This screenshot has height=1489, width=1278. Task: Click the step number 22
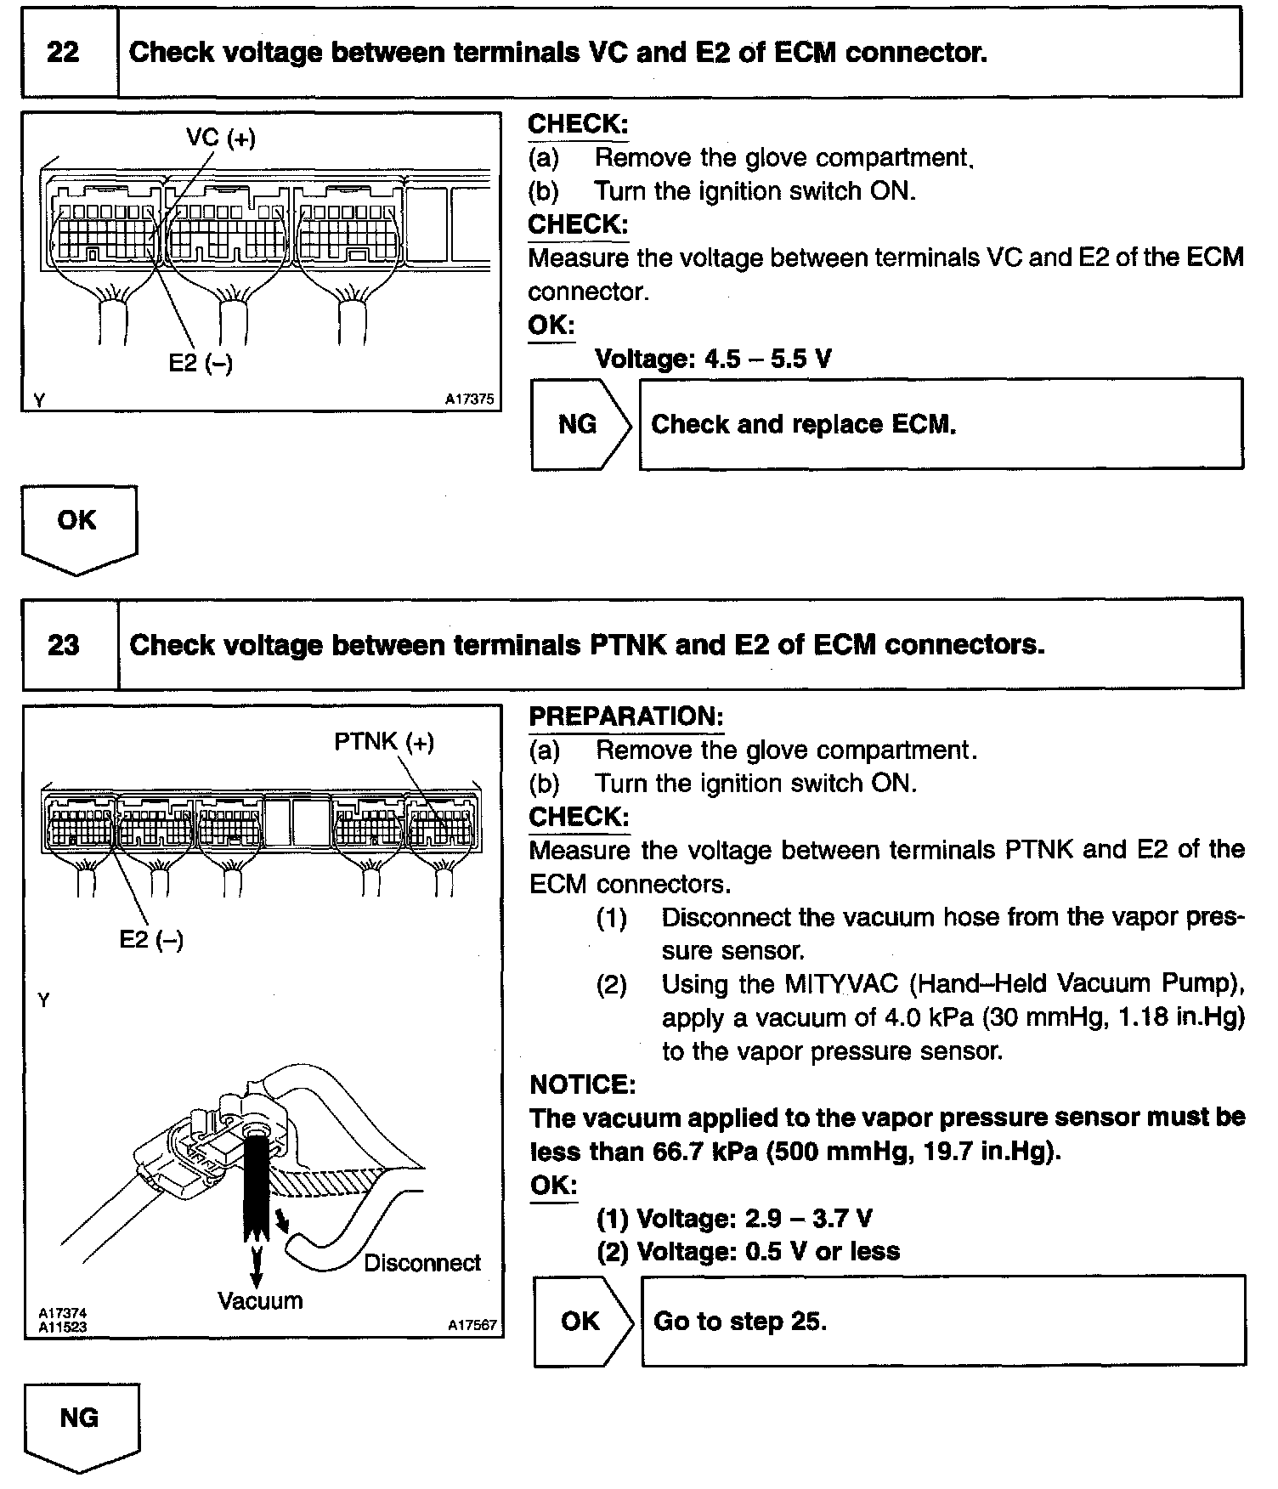coord(63,53)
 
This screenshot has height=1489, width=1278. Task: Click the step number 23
coord(64,645)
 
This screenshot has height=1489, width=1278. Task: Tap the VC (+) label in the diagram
coord(221,137)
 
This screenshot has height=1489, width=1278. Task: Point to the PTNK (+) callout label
coord(384,742)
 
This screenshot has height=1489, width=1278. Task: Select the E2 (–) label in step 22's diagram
coord(201,363)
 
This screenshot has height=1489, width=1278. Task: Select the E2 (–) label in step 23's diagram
coord(151,939)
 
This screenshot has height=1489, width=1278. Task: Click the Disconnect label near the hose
coord(422,1263)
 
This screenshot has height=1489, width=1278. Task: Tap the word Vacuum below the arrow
coord(260,1301)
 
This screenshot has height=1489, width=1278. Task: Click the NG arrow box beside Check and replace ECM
coord(579,424)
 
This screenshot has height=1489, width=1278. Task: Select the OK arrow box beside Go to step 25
coord(581,1321)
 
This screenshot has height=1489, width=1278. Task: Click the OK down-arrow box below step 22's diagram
coord(77,523)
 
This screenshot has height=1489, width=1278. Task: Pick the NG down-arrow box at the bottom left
coord(80,1420)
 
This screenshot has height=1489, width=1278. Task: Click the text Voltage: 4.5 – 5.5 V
coord(713,359)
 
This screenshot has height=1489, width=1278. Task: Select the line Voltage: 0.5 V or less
coord(748,1251)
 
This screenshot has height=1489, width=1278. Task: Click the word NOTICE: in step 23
coord(582,1084)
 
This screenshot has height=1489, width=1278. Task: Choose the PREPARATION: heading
coord(625,716)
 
